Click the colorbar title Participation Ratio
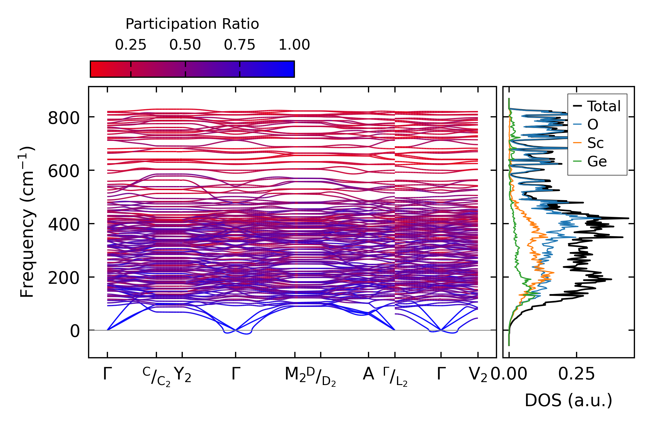tap(192, 24)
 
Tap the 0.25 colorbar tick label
tap(131, 45)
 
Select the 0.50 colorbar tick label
tap(185, 45)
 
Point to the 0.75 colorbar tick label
tap(240, 45)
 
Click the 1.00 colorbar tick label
tap(294, 45)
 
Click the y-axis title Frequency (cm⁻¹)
tap(27, 222)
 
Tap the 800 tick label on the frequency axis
tap(64, 118)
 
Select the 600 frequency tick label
tap(64, 171)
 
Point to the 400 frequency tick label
tap(64, 225)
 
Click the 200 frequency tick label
tap(64, 278)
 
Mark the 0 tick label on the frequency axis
tap(75, 332)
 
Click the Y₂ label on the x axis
tap(182, 374)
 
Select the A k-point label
tap(368, 374)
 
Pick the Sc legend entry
tap(595, 143)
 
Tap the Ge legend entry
tap(597, 161)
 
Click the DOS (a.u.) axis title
tap(568, 401)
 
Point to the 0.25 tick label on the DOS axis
tap(576, 374)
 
